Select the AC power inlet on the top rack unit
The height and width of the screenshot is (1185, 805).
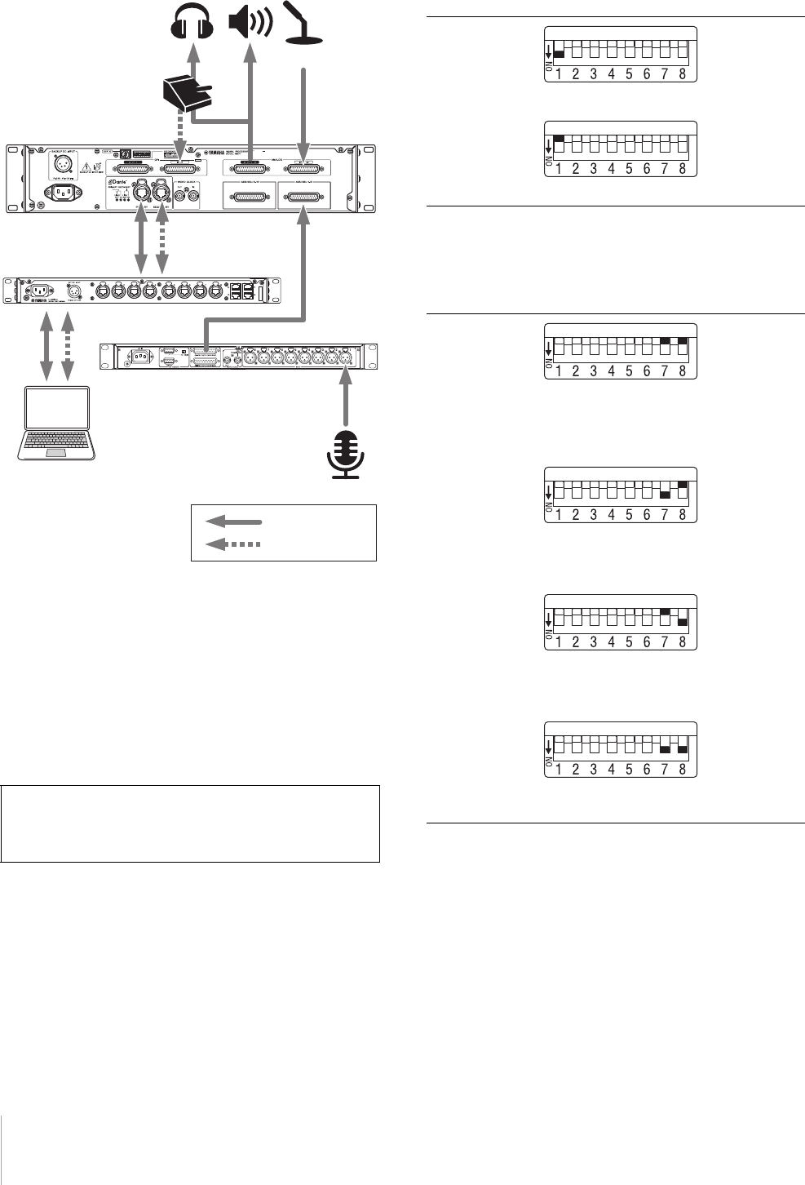[66, 193]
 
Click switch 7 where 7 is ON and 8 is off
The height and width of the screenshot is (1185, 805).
[665, 494]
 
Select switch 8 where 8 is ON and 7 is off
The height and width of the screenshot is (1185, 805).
[683, 622]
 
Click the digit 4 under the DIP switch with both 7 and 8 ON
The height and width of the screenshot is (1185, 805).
[611, 769]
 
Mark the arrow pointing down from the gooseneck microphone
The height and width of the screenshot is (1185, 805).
[303, 114]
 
